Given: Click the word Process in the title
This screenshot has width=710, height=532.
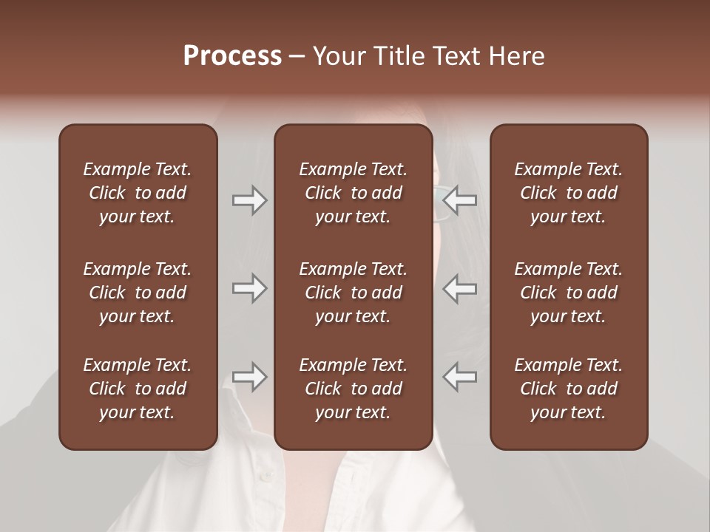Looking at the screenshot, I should [x=232, y=56].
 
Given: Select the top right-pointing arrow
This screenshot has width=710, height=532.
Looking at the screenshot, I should [x=249, y=200].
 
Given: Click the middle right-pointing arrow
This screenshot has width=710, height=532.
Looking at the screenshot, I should [x=249, y=288].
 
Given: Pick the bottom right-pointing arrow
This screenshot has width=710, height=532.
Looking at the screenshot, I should [x=249, y=377].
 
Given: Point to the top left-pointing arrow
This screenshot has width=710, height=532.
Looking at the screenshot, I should [x=460, y=200].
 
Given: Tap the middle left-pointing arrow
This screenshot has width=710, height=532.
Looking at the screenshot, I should [x=460, y=288].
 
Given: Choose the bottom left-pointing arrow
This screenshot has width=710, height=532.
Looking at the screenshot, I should [x=460, y=377].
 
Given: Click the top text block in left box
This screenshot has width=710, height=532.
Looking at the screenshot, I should [x=138, y=193].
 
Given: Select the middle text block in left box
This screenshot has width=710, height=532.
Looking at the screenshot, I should [x=138, y=293].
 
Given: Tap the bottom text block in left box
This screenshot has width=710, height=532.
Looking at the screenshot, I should [x=138, y=389].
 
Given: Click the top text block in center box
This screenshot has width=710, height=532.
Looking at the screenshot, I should [x=353, y=193].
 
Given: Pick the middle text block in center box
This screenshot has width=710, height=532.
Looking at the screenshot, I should [x=353, y=293].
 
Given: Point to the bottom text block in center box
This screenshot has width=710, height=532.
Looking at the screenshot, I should [x=353, y=389].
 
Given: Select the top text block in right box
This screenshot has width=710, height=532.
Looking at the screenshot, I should [x=568, y=193].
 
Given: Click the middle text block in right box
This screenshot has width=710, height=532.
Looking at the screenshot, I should [x=568, y=293].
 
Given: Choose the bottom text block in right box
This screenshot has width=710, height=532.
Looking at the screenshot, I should [x=568, y=389].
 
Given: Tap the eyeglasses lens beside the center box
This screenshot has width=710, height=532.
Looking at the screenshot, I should [x=441, y=200].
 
